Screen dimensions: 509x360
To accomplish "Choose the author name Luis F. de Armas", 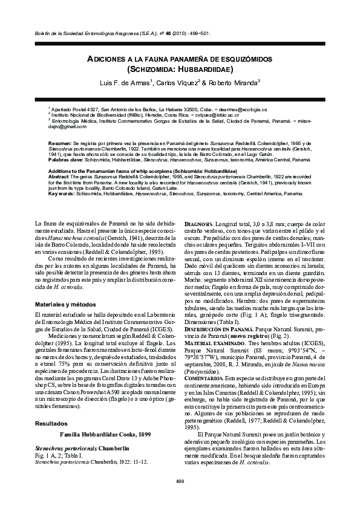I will click(x=125, y=83).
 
